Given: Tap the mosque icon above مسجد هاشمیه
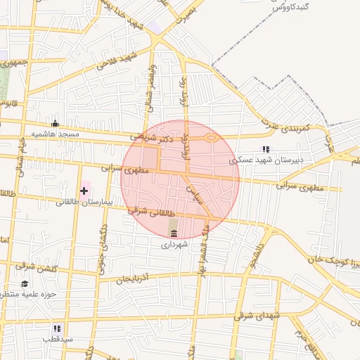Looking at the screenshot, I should [x=55, y=123].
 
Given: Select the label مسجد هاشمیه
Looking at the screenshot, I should [x=55, y=134].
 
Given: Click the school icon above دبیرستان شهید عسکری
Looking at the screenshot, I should [x=266, y=149].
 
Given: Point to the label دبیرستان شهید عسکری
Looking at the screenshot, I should [x=269, y=160].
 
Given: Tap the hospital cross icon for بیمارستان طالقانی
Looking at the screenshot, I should [x=84, y=191].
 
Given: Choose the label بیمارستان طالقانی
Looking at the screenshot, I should [x=84, y=202].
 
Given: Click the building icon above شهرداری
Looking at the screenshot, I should [x=174, y=233].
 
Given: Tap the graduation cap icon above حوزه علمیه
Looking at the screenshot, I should [x=25, y=283].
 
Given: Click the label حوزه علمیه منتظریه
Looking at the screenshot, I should [x=31, y=295].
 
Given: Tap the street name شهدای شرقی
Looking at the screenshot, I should [x=259, y=316].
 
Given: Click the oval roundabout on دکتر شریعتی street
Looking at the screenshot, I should [x=210, y=139].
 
